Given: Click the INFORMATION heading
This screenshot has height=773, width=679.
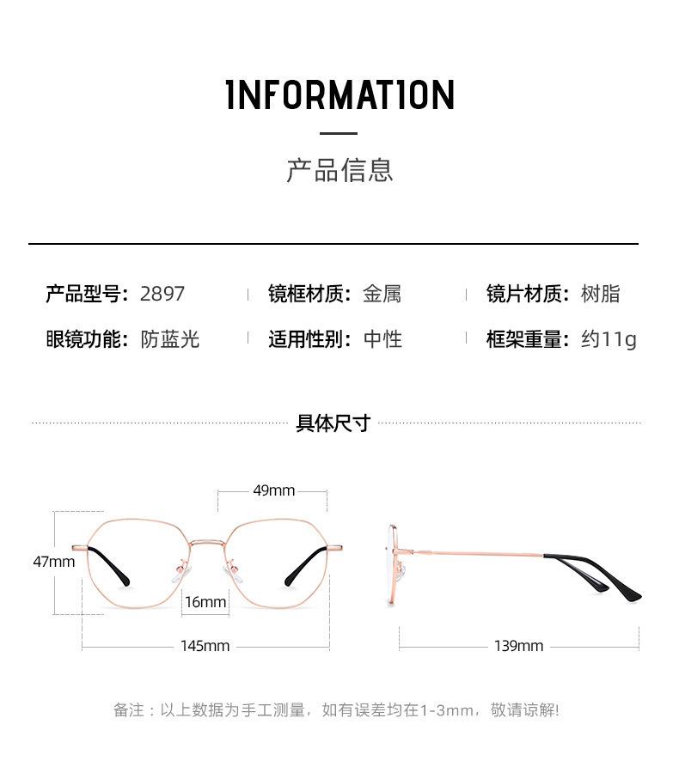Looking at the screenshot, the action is (339, 94).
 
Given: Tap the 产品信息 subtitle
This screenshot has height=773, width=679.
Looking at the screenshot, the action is (339, 169).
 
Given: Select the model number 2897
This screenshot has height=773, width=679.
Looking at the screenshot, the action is (162, 294).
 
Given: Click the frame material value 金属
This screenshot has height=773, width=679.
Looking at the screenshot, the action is (382, 294).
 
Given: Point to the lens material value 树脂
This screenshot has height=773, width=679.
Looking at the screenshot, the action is (600, 294).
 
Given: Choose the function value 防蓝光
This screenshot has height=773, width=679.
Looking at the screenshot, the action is (170, 339).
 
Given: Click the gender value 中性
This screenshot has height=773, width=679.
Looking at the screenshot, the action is (382, 339).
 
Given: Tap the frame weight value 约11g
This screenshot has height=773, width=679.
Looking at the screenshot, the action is (609, 339).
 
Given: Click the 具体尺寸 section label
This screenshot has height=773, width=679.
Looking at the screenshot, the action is (333, 423).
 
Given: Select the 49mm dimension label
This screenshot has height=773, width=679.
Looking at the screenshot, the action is (273, 490).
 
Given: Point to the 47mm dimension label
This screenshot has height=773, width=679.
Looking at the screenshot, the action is (54, 562).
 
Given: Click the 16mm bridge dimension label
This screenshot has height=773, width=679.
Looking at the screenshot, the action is (205, 602).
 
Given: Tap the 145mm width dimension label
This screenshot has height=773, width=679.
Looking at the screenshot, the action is (205, 646).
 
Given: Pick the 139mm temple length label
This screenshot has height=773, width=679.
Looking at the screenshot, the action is (518, 646).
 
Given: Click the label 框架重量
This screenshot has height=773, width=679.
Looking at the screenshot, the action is (527, 339).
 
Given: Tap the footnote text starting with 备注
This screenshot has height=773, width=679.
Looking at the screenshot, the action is (336, 710).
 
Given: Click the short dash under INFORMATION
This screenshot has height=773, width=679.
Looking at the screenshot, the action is (339, 133).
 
